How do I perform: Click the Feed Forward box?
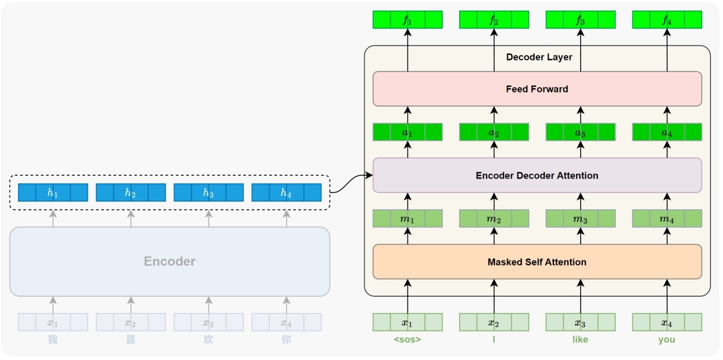click(x=537, y=89)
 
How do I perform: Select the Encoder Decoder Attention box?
click(x=537, y=175)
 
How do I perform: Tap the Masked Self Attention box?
click(x=537, y=262)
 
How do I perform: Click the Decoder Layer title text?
click(x=539, y=57)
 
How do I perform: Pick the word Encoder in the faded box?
click(x=169, y=261)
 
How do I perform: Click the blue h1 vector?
click(x=53, y=192)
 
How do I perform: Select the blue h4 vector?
click(x=286, y=192)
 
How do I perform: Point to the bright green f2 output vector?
click(x=494, y=20)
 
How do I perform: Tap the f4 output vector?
click(x=667, y=20)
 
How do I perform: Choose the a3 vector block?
click(x=581, y=132)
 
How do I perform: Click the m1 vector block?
click(x=408, y=219)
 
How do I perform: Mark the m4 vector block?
click(x=667, y=219)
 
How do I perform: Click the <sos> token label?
click(x=407, y=339)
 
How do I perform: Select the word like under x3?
click(x=580, y=339)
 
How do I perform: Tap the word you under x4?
click(x=667, y=340)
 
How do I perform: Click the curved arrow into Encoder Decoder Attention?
click(x=351, y=184)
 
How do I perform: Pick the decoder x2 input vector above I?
click(x=494, y=322)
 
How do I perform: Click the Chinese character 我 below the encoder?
click(x=53, y=339)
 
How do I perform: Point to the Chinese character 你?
click(x=286, y=339)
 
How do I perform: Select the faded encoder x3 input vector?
click(x=208, y=322)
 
